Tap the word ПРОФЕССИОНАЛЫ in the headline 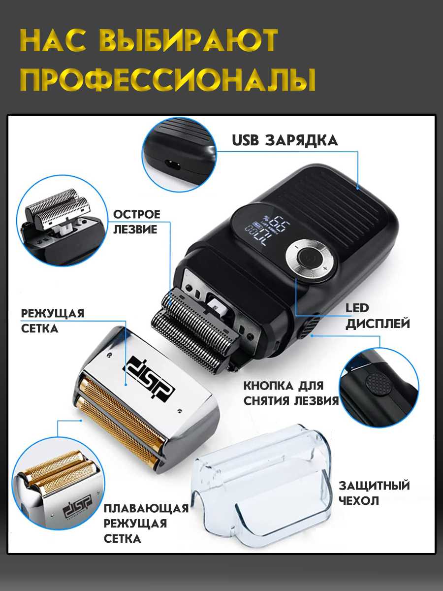(167, 79)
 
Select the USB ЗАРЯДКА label (285, 140)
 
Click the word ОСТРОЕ (137, 214)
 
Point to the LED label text (357, 308)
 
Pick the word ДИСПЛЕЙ (378, 324)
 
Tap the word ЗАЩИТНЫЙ (374, 486)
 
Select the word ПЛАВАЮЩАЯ (146, 509)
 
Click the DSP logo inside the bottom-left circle (77, 506)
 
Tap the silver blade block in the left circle (58, 208)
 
